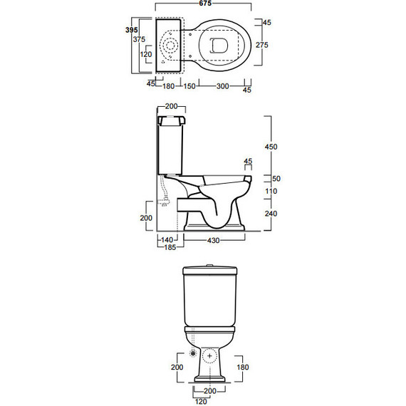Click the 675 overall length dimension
(x=205, y=3)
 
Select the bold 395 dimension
(x=132, y=30)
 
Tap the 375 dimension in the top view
(x=139, y=39)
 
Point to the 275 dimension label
(x=262, y=45)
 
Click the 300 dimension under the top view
(x=222, y=86)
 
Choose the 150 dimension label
(x=189, y=86)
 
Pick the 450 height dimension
(x=271, y=147)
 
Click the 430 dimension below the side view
(x=214, y=241)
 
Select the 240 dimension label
(x=271, y=214)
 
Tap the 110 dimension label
(x=271, y=192)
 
